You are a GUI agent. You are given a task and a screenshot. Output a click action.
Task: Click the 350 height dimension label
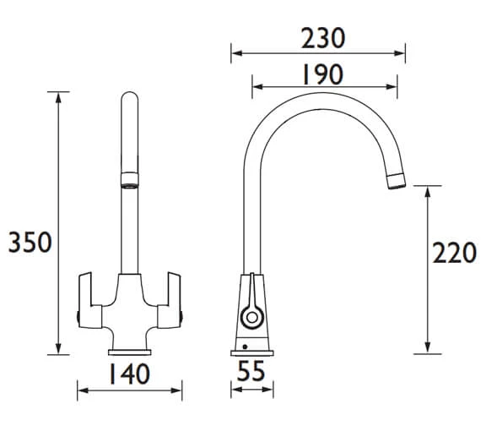pyautogui.click(x=30, y=243)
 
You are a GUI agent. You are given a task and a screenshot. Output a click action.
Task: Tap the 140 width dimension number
pyautogui.click(x=130, y=374)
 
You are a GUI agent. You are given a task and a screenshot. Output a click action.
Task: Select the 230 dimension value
pyautogui.click(x=323, y=38)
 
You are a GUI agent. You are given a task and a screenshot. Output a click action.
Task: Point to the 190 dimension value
pyautogui.click(x=322, y=74)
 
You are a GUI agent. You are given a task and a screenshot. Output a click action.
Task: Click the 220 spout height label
pyautogui.click(x=455, y=252)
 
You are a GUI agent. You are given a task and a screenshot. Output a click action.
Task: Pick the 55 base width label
pyautogui.click(x=251, y=371)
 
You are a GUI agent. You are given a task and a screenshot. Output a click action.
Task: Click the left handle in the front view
pyautogui.click(x=90, y=301)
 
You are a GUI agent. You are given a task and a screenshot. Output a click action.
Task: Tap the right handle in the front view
pyautogui.click(x=170, y=301)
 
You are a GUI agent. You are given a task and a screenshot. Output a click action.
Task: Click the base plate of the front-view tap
pyautogui.click(x=130, y=352)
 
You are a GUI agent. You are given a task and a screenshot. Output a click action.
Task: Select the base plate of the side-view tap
pyautogui.click(x=251, y=353)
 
